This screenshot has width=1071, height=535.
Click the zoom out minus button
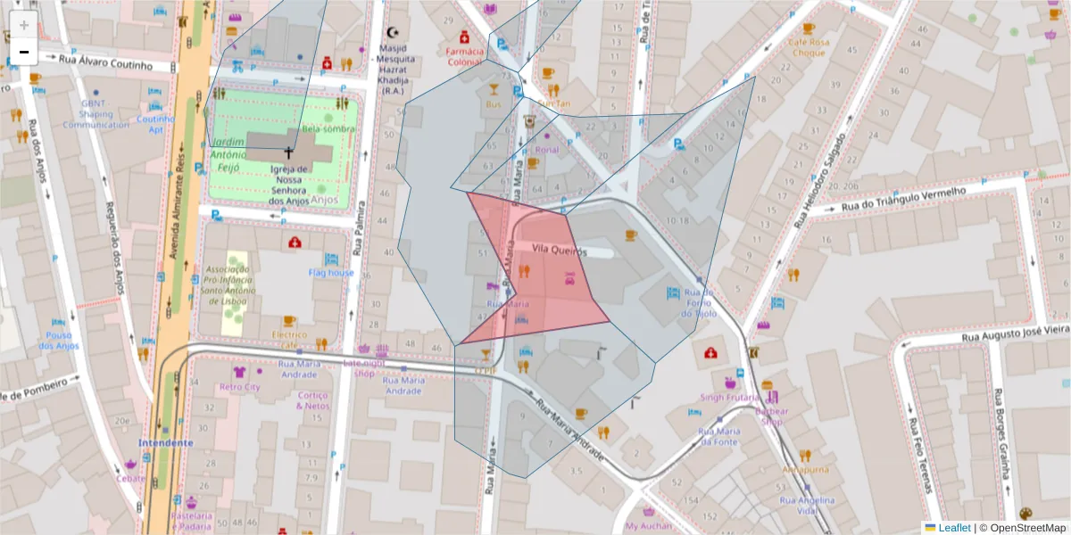click(24, 52)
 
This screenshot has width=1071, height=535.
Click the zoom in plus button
click(24, 24)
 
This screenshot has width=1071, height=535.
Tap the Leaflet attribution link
click(954, 528)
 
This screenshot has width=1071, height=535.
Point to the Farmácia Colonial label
click(464, 57)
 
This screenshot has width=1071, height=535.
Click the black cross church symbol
click(288, 152)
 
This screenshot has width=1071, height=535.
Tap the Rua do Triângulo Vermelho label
click(901, 200)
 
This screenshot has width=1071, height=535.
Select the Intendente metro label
click(165, 442)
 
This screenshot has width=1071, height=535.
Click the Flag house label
click(331, 273)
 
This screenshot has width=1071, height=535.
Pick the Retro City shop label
click(239, 387)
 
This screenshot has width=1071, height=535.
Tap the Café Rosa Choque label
click(809, 47)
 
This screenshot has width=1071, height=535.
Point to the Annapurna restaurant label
click(805, 469)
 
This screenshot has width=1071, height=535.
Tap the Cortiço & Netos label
click(313, 400)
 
